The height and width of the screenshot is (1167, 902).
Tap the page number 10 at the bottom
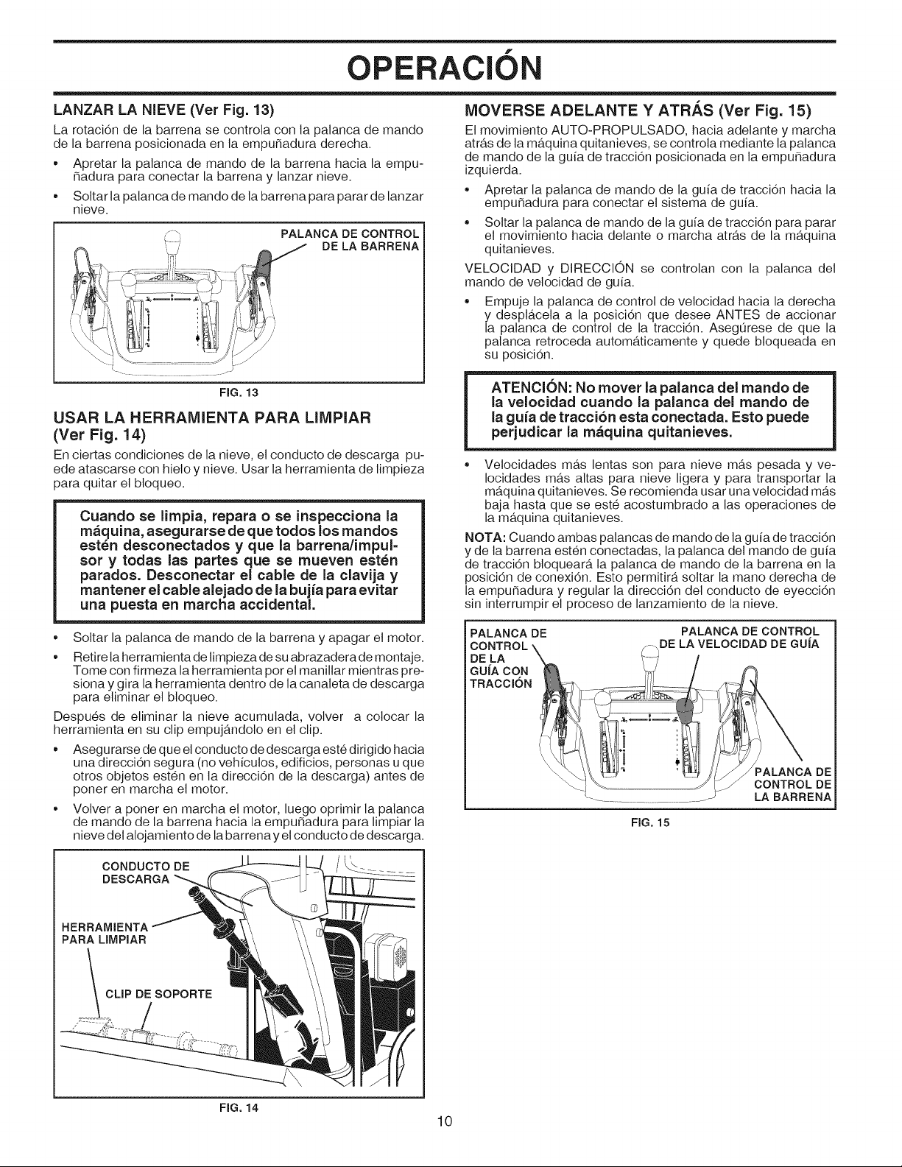click(445, 1121)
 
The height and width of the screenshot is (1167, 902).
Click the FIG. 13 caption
click(239, 392)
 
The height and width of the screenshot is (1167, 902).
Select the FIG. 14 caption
click(239, 1107)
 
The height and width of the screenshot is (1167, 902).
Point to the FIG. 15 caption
click(650, 822)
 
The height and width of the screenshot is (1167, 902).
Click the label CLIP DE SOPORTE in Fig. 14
click(159, 993)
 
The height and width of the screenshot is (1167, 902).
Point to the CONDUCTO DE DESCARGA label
click(146, 872)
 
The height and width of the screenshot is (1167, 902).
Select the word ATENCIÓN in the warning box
click(533, 388)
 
